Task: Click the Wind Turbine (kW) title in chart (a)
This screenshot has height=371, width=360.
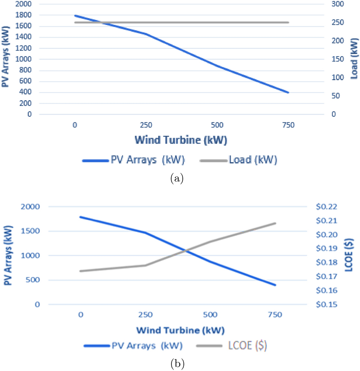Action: [x=181, y=140]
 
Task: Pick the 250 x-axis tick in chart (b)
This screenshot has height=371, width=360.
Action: [x=145, y=315]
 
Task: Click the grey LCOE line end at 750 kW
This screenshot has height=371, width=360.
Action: [x=276, y=223]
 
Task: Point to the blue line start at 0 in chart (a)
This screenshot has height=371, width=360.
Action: [x=75, y=16]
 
